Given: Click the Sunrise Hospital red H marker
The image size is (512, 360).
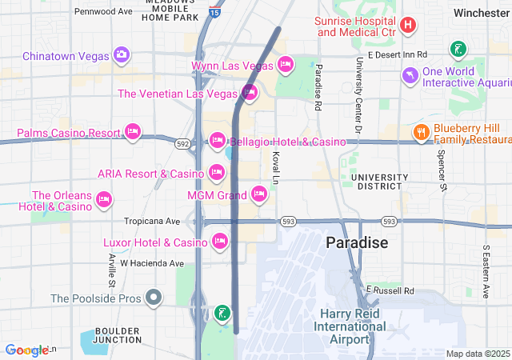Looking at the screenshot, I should click(407, 25).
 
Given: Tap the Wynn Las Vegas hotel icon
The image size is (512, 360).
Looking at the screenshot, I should click(286, 65).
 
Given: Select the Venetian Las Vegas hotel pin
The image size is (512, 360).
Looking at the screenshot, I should click(249, 94).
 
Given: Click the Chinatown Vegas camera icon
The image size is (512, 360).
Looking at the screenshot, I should click(121, 55).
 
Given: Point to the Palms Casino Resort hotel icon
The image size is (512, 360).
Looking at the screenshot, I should click(133, 131).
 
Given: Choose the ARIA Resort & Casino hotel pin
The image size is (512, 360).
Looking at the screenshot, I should click(216, 172).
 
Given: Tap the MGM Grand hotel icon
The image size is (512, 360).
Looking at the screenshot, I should click(258, 194).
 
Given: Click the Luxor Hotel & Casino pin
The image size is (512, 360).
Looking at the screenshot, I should click(221, 241).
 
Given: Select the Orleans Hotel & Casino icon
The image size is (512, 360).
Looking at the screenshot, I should click(103, 198).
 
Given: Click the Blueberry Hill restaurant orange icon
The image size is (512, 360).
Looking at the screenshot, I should click(420, 132).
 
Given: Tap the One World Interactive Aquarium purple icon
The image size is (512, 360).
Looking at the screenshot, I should click(410, 75).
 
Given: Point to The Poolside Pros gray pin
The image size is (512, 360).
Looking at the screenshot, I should click(154, 298).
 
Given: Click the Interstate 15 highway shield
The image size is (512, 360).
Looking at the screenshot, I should click(214, 12).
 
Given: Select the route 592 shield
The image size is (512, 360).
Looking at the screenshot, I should click(183, 144).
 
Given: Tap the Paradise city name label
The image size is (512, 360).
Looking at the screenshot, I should click(356, 242).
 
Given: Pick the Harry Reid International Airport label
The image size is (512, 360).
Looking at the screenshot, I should click(350, 326).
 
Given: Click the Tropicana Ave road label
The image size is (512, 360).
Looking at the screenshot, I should click(152, 221).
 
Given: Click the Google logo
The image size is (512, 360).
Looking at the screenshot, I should click(26, 350).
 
